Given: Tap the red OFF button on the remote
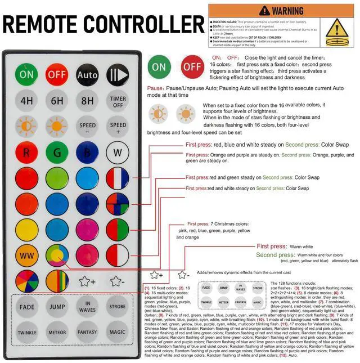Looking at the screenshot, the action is point(57,74).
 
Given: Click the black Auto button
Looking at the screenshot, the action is point(87,74).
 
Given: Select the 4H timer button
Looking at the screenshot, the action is point(26,101).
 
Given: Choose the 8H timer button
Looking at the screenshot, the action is point(87,101).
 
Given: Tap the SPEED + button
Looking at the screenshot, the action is point(118,126).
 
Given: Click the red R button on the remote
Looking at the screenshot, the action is point(26,152).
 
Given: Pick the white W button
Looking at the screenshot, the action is point(118,152).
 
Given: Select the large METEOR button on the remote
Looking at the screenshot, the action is point(57,333).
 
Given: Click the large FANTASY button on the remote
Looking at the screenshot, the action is point(87,333).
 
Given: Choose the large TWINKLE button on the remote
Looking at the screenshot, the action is point(26,333).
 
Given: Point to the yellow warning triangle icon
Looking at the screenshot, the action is point(338,29).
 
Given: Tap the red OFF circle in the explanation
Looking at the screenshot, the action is point(192,66).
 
